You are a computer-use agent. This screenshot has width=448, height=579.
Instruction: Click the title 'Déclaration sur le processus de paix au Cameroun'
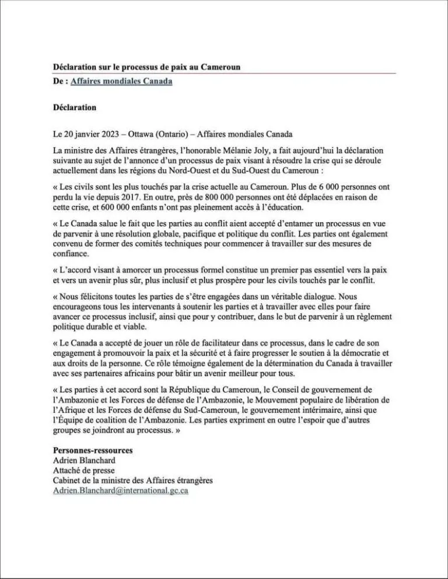tap(146, 67)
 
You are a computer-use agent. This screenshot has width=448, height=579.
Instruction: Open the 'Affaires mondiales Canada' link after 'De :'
tap(121, 81)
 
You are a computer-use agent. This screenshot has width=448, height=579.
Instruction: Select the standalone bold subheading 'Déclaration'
tap(74, 107)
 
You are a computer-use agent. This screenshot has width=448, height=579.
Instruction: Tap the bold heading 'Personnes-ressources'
tap(93, 450)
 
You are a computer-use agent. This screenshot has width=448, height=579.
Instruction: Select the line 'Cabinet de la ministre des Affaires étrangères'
tap(132, 480)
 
